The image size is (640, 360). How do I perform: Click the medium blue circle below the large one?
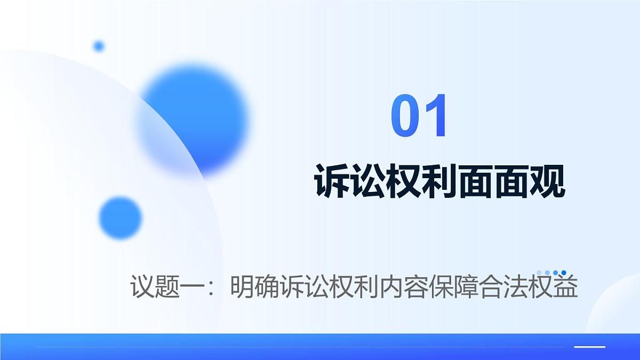click(121, 218)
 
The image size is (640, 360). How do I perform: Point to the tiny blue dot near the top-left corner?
click(99, 46)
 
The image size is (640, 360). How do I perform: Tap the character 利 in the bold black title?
click(439, 181)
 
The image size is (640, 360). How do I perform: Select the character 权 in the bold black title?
click(403, 181)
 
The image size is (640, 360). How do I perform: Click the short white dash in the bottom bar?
click(589, 347)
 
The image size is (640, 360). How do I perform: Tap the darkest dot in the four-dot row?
click(564, 273)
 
